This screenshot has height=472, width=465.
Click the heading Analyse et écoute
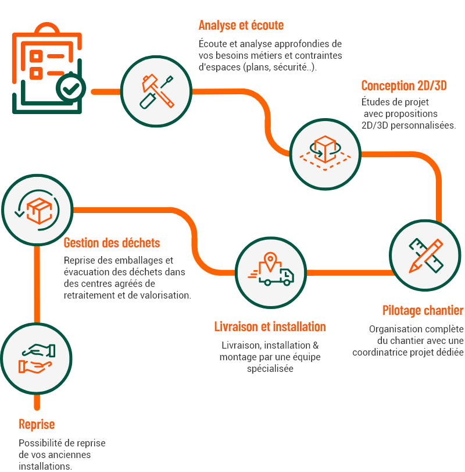pos(241,26)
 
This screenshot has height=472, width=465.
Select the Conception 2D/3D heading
pos(403,86)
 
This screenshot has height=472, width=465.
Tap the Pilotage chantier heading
pos(423,310)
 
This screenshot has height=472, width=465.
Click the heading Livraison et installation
pos(270,327)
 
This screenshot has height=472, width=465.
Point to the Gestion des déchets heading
pos(112,242)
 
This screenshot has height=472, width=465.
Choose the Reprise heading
pos(37,424)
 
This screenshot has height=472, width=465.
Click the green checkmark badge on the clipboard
pos(71,88)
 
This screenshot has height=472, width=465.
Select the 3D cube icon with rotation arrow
pos(325,151)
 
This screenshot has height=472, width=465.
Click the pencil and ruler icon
pos(425,254)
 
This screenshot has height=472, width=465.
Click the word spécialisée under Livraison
pos(270,368)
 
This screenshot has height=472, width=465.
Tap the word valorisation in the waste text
pos(163,295)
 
